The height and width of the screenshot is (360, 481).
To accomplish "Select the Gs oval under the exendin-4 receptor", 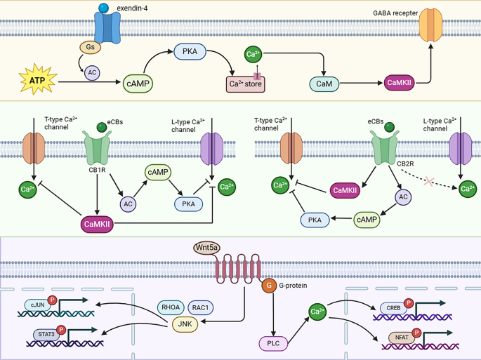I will [91, 48].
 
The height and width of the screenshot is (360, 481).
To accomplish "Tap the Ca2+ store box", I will [246, 84].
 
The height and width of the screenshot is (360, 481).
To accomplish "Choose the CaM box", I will [324, 84].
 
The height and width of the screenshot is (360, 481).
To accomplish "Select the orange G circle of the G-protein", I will [268, 286].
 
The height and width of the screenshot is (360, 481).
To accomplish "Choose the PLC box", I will [273, 343].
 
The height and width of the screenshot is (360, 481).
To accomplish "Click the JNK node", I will [185, 324].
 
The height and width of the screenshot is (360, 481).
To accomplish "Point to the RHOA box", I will [171, 307].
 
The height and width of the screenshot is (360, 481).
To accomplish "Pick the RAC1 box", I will [200, 307].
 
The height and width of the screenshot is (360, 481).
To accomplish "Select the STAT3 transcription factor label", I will [46, 335].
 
